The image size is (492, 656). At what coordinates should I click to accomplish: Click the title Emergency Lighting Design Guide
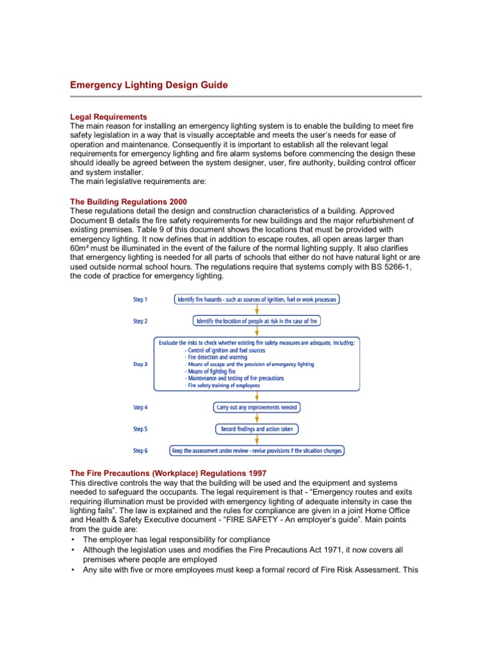[149, 85]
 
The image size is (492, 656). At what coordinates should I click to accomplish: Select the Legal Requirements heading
[108, 117]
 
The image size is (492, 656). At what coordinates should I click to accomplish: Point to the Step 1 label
[140, 299]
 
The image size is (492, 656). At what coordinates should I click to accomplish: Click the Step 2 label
[140, 321]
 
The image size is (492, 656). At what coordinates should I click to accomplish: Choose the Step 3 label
[140, 364]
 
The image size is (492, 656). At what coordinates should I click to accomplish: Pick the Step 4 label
[140, 407]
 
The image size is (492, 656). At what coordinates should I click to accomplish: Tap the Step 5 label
[140, 429]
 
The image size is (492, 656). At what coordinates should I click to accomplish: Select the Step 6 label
[140, 450]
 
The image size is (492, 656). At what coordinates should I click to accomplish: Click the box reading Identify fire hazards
[256, 299]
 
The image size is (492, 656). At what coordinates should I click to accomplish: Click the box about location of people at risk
[256, 320]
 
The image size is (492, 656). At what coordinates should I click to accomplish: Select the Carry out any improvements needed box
[256, 407]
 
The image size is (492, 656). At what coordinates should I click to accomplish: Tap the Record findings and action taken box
[256, 429]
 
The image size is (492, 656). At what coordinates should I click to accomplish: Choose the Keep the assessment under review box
[256, 450]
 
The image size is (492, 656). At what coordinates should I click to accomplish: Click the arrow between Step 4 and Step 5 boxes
[257, 418]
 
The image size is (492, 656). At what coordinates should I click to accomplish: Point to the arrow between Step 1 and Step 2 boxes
[257, 309]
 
